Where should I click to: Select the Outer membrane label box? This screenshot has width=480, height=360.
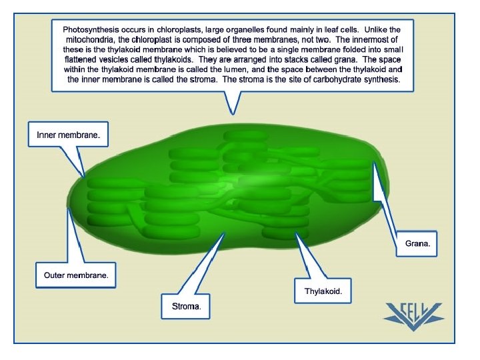click(76, 275)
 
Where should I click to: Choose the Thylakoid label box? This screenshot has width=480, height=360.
click(323, 291)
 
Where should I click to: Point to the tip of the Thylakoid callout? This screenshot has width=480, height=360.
click(297, 235)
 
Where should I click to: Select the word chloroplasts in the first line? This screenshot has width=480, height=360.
click(178, 30)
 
